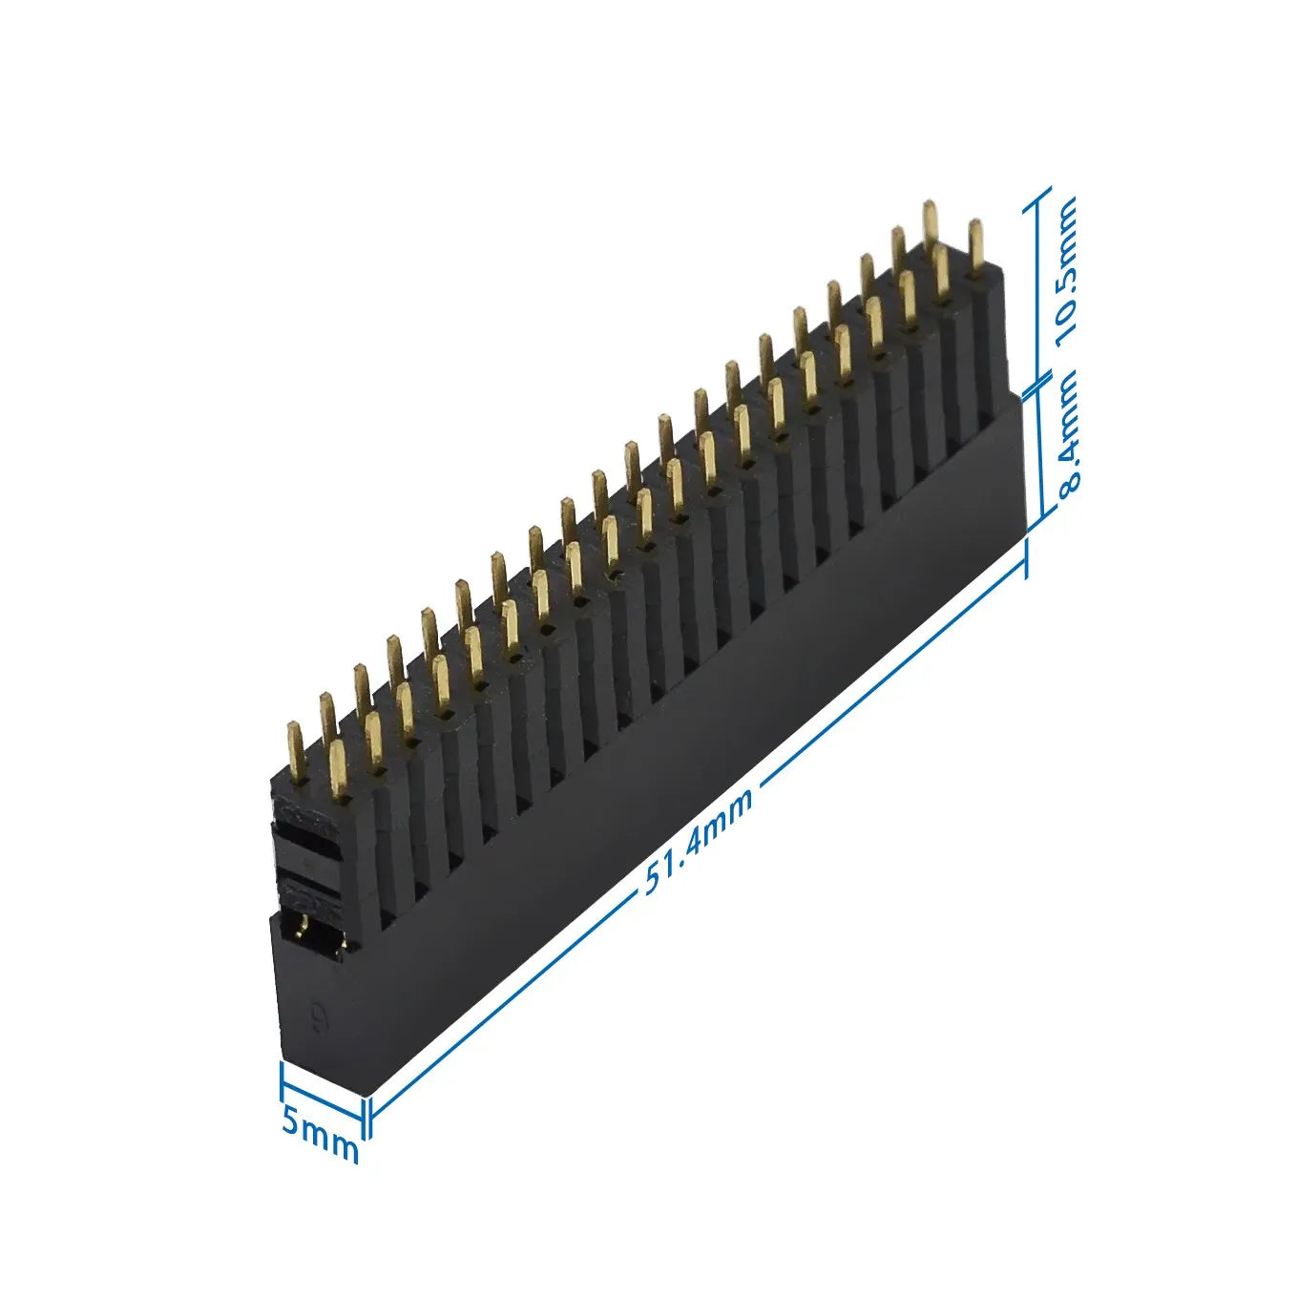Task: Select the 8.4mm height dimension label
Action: pos(1068,431)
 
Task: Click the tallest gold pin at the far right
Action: pos(930,224)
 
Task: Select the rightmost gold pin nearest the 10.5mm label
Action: pos(974,246)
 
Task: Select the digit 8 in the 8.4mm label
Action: pos(1069,477)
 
